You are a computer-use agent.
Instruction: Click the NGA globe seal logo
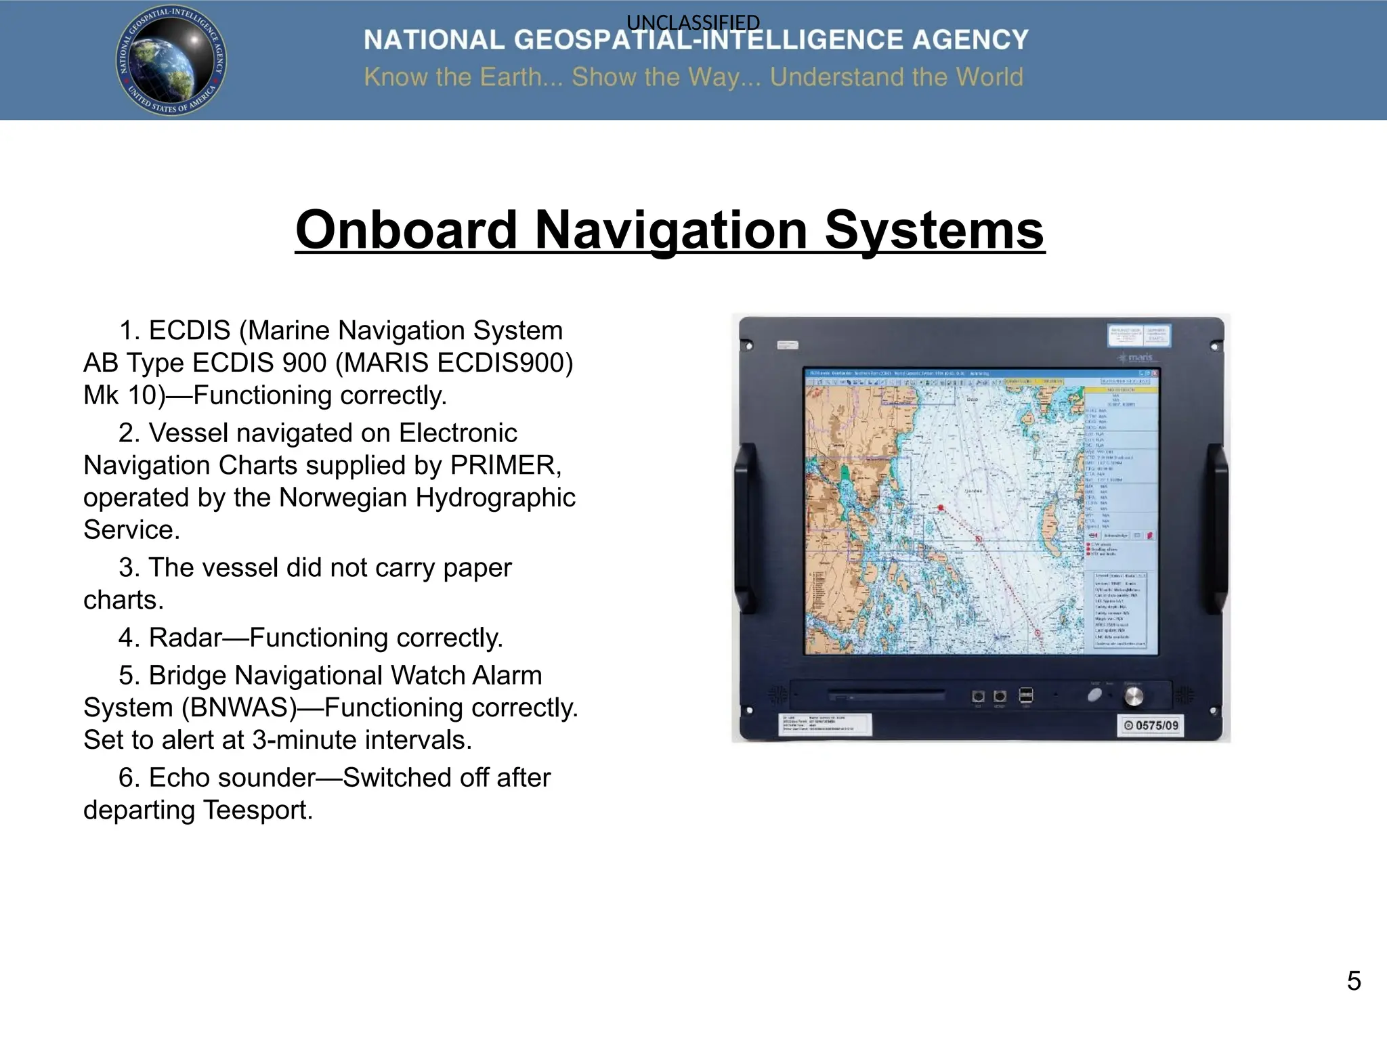pyautogui.click(x=171, y=60)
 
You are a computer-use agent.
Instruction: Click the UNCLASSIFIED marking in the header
pyautogui.click(x=693, y=22)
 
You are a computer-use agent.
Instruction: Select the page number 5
pyautogui.click(x=1353, y=981)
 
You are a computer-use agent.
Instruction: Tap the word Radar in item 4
pyautogui.click(x=185, y=638)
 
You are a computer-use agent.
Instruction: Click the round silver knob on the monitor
pyautogui.click(x=1133, y=696)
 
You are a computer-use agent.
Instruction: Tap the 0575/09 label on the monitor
pyautogui.click(x=1151, y=726)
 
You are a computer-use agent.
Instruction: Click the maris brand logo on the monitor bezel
pyautogui.click(x=1138, y=357)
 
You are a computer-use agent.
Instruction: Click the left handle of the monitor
pyautogui.click(x=746, y=528)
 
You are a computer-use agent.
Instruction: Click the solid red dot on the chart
pyautogui.click(x=941, y=507)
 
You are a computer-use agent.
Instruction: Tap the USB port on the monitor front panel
pyautogui.click(x=1026, y=695)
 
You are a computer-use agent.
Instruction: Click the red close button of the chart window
pyautogui.click(x=1155, y=373)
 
